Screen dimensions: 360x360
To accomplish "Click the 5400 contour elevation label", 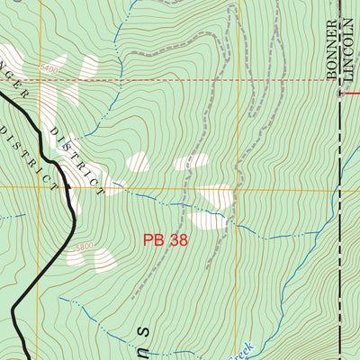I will tap(49, 68).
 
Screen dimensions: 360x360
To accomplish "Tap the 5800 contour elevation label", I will tap(84, 247).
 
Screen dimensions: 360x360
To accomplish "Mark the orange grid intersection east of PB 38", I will tap(238, 189).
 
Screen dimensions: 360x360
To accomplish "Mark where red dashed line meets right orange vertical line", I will tap(238, 80).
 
